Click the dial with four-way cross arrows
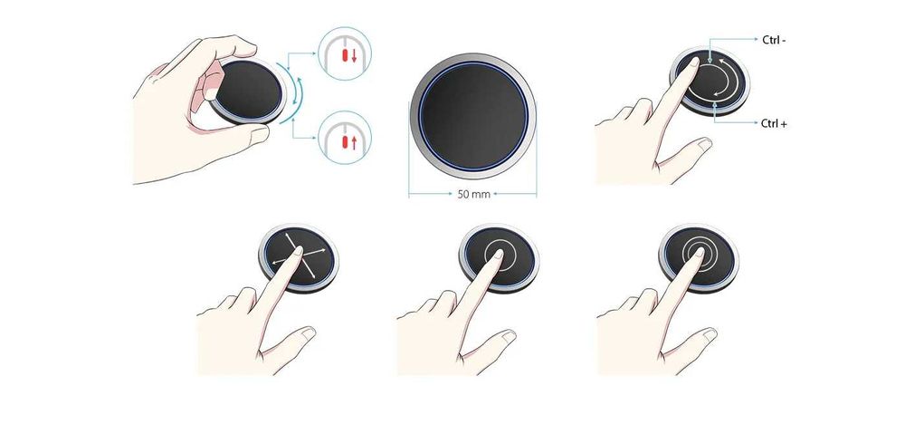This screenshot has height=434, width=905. pyautogui.click(x=300, y=257)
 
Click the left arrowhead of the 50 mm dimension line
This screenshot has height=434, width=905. pyautogui.click(x=412, y=194)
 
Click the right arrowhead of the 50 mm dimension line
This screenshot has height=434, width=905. pyautogui.click(x=534, y=194)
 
